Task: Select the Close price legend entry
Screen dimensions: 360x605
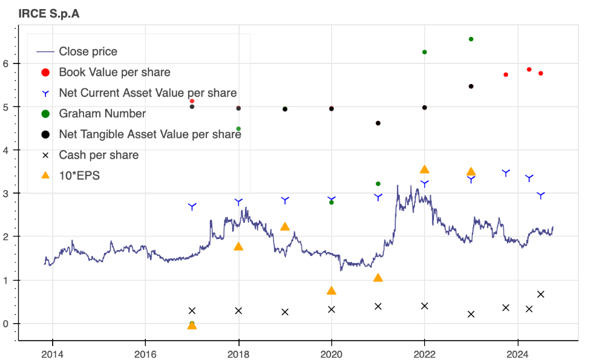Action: pyautogui.click(x=88, y=51)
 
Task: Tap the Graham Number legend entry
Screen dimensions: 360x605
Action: pyautogui.click(x=102, y=114)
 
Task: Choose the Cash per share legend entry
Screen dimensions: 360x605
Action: pyautogui.click(x=98, y=155)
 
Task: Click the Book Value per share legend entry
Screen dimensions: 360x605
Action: pyautogui.click(x=114, y=73)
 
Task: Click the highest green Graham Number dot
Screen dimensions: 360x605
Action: pyautogui.click(x=471, y=39)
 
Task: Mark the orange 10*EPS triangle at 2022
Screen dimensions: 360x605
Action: pyautogui.click(x=425, y=169)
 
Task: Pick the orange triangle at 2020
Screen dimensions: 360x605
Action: pyautogui.click(x=332, y=290)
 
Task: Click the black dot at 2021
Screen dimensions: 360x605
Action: pyautogui.click(x=378, y=123)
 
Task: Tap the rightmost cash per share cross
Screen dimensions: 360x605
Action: pyautogui.click(x=541, y=294)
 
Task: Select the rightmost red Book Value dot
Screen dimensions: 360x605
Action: pyautogui.click(x=541, y=73)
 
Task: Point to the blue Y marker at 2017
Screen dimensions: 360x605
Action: pyautogui.click(x=192, y=207)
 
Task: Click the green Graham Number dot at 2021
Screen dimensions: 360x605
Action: pyautogui.click(x=378, y=183)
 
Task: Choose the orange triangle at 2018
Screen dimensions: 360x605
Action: pyautogui.click(x=238, y=246)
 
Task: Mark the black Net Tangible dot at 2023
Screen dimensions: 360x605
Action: pyautogui.click(x=471, y=87)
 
